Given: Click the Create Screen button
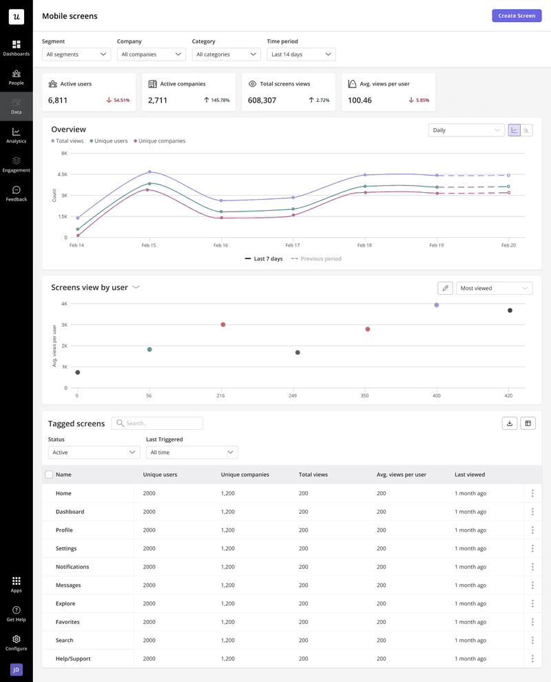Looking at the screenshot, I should tap(517, 16).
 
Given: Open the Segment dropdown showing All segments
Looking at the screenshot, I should tap(76, 54).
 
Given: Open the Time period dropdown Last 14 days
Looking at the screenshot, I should tap(301, 54).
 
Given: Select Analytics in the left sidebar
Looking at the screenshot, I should tap(16, 135).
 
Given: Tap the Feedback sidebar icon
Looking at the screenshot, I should tap(16, 194).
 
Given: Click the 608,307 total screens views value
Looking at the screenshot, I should tap(262, 101).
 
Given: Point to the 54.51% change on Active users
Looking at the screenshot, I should tap(118, 101).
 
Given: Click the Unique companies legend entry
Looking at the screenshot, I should tap(161, 141).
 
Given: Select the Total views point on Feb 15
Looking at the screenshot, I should tap(149, 172).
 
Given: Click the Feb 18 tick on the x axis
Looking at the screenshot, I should tap(364, 245).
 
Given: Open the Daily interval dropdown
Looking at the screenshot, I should tap(466, 130).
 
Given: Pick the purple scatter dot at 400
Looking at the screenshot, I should tap(436, 304).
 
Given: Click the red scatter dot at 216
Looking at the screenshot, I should tap(222, 324).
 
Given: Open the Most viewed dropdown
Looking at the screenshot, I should tap(494, 288).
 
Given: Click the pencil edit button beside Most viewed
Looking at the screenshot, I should tap(445, 288).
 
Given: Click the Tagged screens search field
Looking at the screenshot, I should tap(158, 424).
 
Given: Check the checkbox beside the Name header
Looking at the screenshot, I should tap(49, 475).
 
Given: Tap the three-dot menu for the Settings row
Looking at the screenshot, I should tap(532, 548).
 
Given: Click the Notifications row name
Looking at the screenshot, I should tap(72, 567).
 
